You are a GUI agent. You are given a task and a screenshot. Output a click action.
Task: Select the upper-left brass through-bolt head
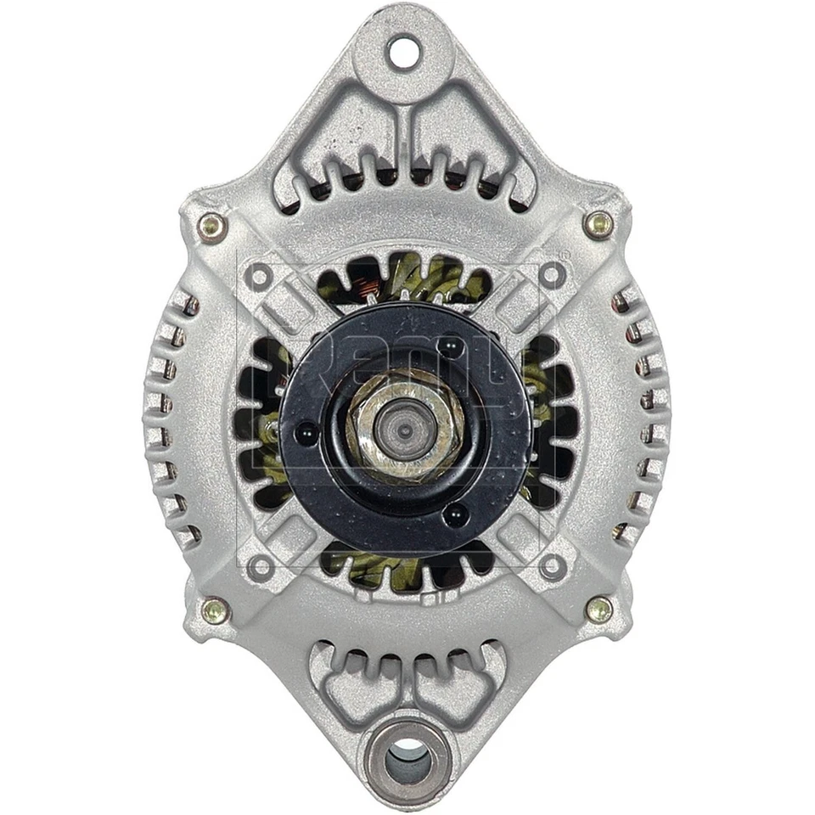coord(212,226)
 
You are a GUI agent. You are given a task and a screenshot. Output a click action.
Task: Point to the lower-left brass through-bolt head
coord(215,610)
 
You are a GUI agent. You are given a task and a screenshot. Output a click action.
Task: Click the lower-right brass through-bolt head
coord(599,608)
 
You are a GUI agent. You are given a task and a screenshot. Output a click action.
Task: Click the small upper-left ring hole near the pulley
coord(260,276)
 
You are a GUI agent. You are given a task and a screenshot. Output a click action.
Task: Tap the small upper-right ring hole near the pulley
coord(553,274)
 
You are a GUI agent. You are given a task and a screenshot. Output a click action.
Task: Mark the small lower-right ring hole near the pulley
coord(554,565)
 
